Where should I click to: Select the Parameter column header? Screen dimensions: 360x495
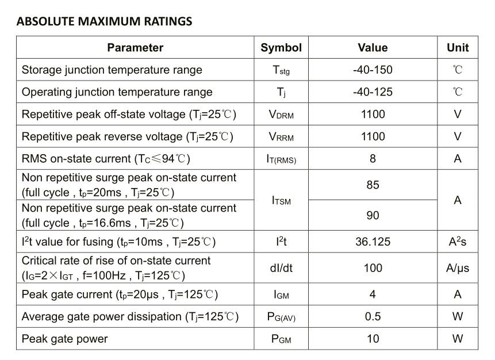click(x=135, y=48)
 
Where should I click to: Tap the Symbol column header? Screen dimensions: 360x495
click(x=281, y=48)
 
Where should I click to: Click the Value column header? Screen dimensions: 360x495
click(x=373, y=48)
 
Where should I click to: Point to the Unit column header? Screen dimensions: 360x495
click(x=458, y=48)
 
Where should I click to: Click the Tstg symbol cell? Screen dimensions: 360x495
click(x=281, y=70)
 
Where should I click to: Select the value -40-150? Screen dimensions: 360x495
click(x=373, y=70)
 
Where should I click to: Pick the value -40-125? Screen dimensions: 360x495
click(x=373, y=92)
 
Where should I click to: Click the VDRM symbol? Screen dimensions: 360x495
click(x=281, y=114)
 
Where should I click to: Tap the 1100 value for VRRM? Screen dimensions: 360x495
click(x=373, y=136)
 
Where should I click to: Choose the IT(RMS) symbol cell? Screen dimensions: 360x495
click(x=281, y=159)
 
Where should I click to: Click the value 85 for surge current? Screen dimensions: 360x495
click(x=373, y=185)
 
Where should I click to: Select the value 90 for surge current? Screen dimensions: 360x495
click(x=373, y=215)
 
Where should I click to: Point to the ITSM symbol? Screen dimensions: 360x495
click(x=281, y=201)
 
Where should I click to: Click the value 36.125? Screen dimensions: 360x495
click(x=373, y=242)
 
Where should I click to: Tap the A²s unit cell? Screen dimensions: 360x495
click(x=458, y=242)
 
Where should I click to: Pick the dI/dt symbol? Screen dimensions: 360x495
click(x=281, y=268)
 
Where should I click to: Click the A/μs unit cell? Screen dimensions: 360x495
click(x=458, y=268)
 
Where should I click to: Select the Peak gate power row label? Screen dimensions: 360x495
click(x=65, y=339)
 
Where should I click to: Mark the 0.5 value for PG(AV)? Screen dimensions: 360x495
click(x=373, y=317)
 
